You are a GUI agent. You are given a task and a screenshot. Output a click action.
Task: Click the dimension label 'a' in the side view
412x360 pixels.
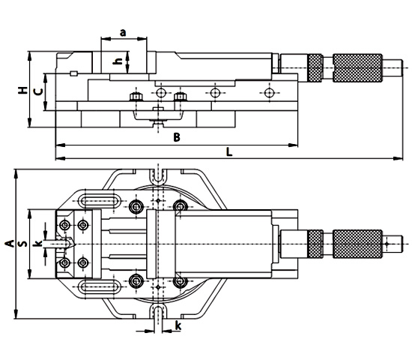[x=123, y=32]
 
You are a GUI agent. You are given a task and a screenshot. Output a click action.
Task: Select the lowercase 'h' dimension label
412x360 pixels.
[x=116, y=62]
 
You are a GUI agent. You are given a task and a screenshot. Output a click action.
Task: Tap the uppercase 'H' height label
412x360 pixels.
[x=22, y=91]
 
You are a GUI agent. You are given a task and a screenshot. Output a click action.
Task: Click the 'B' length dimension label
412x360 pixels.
[x=177, y=136]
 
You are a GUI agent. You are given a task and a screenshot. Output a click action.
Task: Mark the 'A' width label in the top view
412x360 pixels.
[x=9, y=244]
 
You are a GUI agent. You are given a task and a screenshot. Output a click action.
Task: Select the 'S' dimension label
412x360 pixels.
[x=23, y=244]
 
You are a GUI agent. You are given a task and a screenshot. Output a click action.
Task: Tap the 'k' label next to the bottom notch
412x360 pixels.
[x=178, y=325]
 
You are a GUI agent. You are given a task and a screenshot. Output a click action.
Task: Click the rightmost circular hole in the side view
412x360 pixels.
[x=270, y=92]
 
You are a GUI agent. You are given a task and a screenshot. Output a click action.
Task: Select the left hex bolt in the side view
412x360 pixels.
[x=135, y=98]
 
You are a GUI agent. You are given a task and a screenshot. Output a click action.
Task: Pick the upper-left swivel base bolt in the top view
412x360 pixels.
[x=136, y=207]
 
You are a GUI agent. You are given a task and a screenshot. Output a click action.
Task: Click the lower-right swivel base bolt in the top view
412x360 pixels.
[x=179, y=280]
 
